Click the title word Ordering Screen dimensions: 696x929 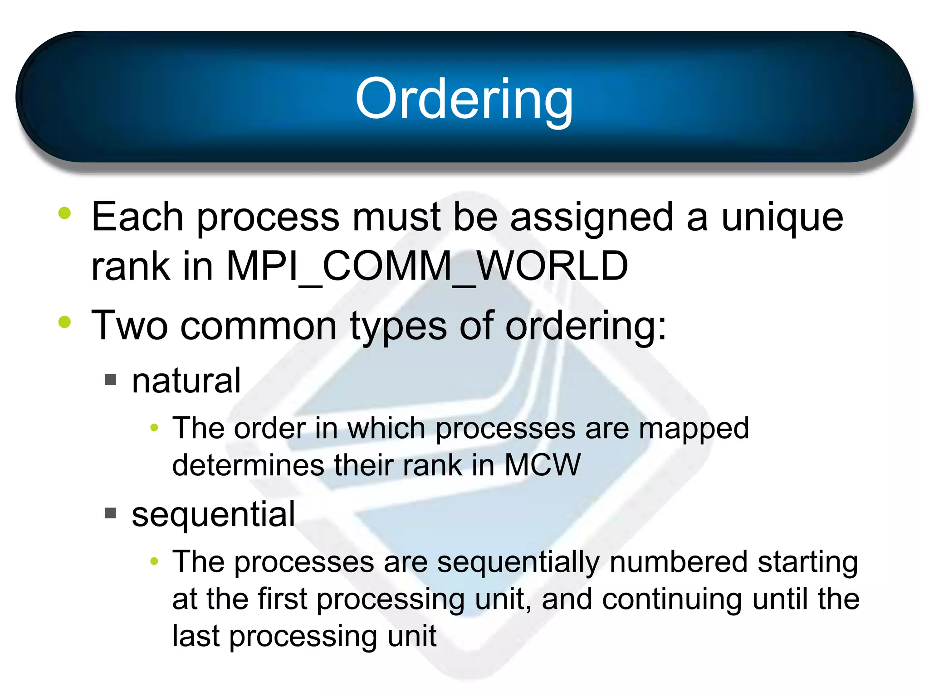click(x=464, y=99)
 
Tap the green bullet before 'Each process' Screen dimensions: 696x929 click(x=65, y=213)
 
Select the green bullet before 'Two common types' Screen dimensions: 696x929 click(x=65, y=322)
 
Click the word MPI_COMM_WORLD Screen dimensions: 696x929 click(x=427, y=266)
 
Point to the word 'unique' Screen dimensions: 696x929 click(x=782, y=217)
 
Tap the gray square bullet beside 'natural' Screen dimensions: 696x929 click(x=111, y=379)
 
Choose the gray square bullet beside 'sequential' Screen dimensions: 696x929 click(x=111, y=513)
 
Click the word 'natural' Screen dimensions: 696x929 click(x=186, y=381)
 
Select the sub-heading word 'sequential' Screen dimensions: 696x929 click(x=214, y=514)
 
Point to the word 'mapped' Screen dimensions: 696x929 click(x=694, y=428)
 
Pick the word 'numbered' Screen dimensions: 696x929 click(x=678, y=562)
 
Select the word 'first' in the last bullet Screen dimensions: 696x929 click(x=282, y=599)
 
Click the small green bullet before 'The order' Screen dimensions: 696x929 click(x=154, y=427)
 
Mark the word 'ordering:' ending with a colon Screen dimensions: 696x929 click(x=586, y=326)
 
